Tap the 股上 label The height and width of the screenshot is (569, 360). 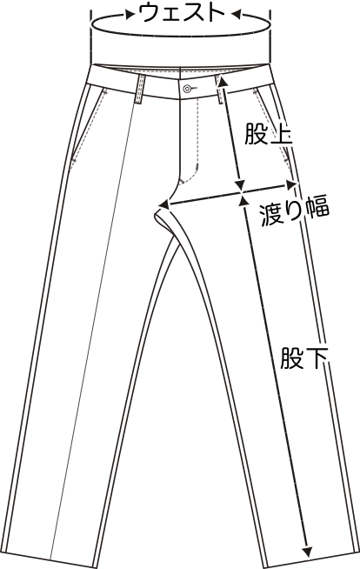coord(269,134)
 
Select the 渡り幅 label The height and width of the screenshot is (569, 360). coord(295,211)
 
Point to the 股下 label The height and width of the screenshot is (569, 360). coord(303,358)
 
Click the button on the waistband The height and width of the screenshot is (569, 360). coord(187,88)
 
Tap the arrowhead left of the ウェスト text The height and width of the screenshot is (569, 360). coord(130,15)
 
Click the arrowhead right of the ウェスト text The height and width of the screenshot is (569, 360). coord(236,15)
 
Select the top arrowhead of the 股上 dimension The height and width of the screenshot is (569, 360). coord(222,82)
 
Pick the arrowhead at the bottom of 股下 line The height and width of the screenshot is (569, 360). coord(308,552)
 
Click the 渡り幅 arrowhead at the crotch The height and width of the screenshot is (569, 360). coord(165,204)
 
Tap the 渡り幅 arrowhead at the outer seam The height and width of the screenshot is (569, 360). coord(292,184)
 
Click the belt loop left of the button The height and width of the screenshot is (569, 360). coord(140,90)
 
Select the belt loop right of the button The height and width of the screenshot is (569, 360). coord(219,90)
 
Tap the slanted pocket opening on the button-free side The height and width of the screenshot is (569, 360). coord(88,124)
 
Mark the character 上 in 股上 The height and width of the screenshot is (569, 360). coord(281,134)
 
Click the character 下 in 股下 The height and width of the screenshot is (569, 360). coord(317,358)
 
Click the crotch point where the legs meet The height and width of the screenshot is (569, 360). coord(158,211)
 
